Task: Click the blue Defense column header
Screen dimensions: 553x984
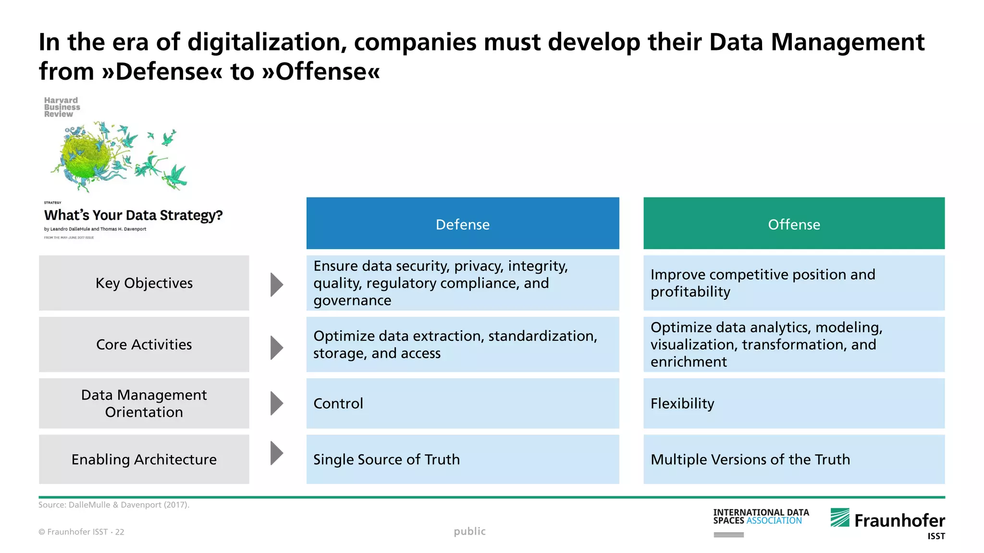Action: coord(462,224)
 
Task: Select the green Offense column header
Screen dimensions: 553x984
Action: coord(794,224)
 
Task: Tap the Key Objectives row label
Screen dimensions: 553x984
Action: coord(144,283)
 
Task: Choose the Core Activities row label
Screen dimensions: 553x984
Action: coord(144,345)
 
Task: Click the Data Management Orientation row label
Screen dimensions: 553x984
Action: coord(144,403)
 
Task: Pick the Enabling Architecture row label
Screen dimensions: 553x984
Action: coord(144,459)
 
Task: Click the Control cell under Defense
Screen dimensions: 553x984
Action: coord(462,403)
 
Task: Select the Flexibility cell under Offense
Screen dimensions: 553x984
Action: coord(794,403)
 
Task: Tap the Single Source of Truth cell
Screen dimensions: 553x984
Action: coord(462,459)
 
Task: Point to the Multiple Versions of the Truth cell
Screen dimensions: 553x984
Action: coord(794,459)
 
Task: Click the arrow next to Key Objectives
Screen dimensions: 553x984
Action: coord(276,285)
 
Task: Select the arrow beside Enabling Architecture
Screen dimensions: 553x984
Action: coord(276,453)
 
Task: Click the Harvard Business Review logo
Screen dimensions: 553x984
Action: coord(62,107)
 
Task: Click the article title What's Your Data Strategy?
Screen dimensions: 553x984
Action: coord(134,215)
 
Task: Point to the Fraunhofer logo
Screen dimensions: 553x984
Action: coord(888,521)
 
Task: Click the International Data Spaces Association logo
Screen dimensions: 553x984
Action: coord(761,517)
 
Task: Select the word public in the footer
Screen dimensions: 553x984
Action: coord(469,531)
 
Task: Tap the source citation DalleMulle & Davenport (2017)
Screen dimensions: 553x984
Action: coord(114,505)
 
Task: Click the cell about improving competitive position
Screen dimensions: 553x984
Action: coord(794,283)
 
